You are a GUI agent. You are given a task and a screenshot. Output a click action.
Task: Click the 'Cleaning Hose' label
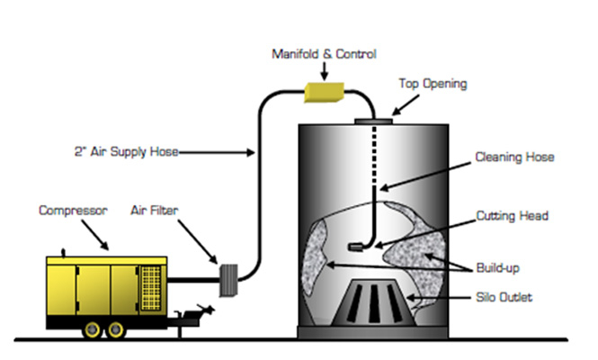click(515, 157)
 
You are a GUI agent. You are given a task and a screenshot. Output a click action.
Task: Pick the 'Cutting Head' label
click(515, 217)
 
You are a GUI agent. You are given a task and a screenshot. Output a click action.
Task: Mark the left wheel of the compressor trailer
click(90, 330)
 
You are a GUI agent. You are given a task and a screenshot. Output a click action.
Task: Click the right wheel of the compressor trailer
click(116, 330)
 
